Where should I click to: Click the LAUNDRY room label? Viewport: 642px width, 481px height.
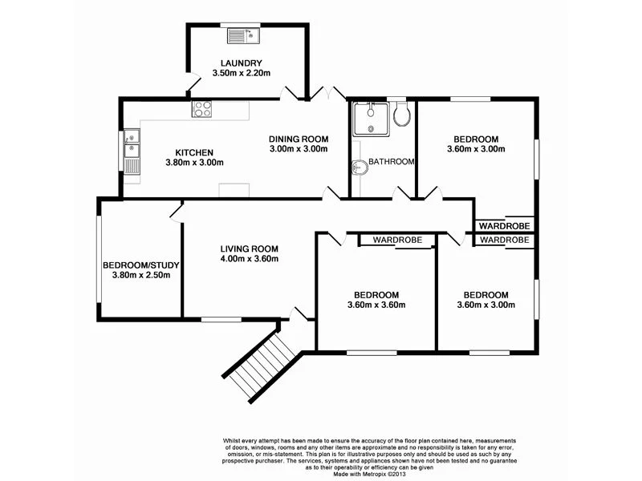coord(242,63)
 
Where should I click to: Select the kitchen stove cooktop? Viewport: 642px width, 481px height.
coord(201,111)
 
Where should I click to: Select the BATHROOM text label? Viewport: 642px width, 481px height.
coord(392,162)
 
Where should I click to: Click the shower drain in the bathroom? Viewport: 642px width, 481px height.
coord(371,129)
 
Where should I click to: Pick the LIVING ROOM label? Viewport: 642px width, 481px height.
coord(250,249)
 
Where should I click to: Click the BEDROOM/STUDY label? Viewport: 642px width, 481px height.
coord(140,265)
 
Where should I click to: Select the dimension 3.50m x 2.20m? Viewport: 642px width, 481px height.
coord(242,74)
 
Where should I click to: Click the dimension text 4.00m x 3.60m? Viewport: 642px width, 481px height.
coord(250,259)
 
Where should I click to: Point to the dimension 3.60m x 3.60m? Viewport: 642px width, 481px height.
coord(376,305)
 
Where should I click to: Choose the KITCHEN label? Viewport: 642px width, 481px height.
coord(194,152)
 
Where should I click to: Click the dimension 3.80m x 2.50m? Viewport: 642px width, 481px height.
coord(140,276)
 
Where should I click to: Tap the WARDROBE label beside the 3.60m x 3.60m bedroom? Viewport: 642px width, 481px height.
coord(398,240)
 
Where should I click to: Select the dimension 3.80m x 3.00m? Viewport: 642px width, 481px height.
coord(194,163)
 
